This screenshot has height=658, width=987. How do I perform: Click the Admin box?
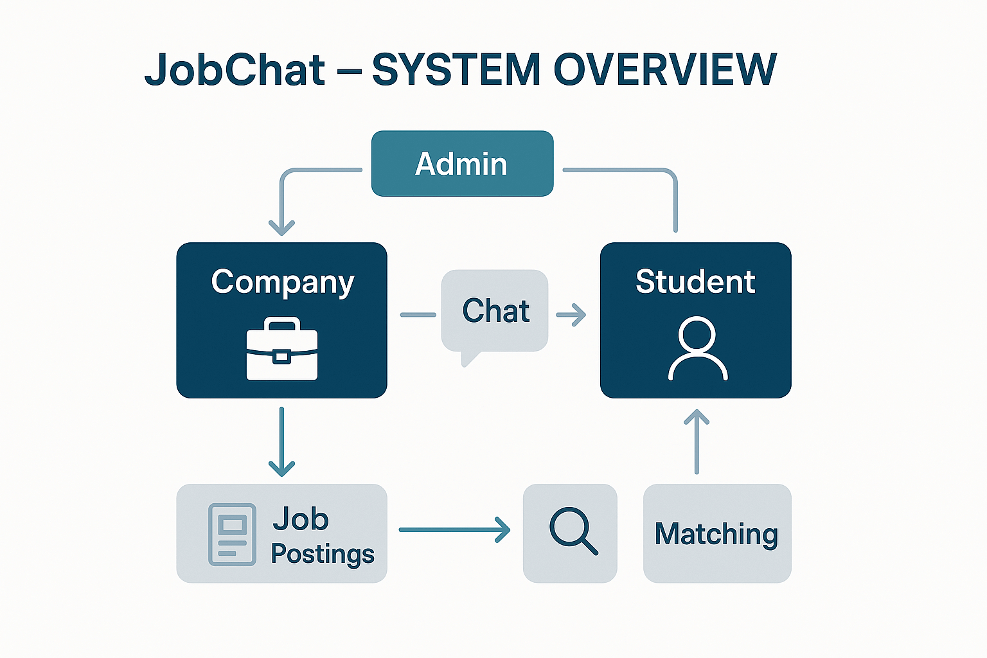[x=462, y=163]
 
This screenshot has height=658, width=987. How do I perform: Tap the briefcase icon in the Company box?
[x=281, y=349]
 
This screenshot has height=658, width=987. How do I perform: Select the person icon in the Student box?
[x=697, y=348]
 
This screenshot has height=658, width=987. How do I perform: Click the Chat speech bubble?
[x=495, y=312]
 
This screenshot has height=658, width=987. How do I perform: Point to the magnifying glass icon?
[x=572, y=531]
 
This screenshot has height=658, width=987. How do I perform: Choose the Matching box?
[x=716, y=533]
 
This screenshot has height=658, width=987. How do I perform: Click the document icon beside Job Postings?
[x=232, y=534]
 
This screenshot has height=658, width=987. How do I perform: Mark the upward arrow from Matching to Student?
[x=697, y=442]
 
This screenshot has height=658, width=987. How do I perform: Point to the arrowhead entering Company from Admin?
[x=281, y=226]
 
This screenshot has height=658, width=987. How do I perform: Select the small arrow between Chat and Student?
[x=571, y=315]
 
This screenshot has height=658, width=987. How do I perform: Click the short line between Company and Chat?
[x=418, y=315]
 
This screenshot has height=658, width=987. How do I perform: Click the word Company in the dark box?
[x=282, y=283]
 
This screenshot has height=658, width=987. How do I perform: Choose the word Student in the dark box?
[x=695, y=281]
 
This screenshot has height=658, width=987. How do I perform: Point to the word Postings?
[x=322, y=554]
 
